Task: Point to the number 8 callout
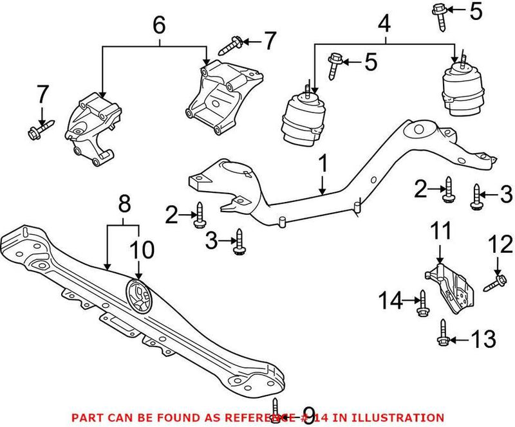tap(124, 206)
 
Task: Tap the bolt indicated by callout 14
tap(422, 302)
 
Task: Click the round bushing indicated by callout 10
tap(138, 295)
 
